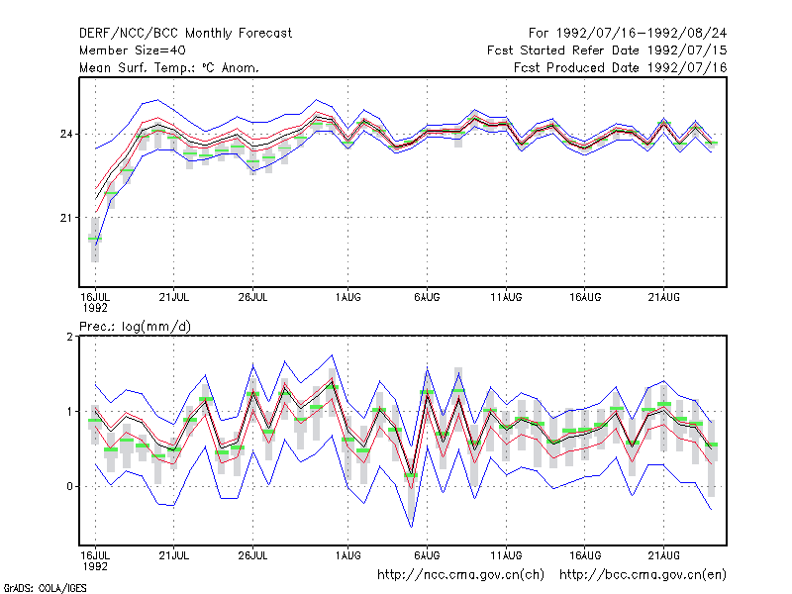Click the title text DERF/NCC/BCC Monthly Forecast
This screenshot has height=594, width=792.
click(185, 34)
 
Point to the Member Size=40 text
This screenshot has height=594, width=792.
click(133, 50)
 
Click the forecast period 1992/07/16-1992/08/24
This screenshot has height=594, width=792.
click(628, 34)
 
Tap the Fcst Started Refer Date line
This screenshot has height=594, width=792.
click(607, 50)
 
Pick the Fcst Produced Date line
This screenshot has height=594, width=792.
click(621, 67)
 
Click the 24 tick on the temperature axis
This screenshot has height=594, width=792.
click(66, 135)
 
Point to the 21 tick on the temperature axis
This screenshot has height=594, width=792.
click(66, 218)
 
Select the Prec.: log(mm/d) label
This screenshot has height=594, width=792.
click(135, 327)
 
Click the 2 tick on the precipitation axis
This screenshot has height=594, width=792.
click(69, 337)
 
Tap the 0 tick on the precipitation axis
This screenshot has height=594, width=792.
click(69, 486)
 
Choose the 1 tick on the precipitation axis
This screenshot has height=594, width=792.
click(69, 412)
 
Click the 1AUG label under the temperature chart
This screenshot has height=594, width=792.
click(348, 297)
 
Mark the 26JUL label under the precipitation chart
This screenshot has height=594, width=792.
click(252, 555)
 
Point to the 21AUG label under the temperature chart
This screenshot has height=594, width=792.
click(663, 297)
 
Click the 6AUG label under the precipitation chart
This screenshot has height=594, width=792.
click(427, 555)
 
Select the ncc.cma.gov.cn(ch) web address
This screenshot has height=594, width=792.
click(460, 575)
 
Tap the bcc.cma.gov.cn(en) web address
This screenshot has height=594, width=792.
click(643, 575)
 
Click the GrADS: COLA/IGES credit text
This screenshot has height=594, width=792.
click(46, 588)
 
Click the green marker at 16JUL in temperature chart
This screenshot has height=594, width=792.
click(95, 239)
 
